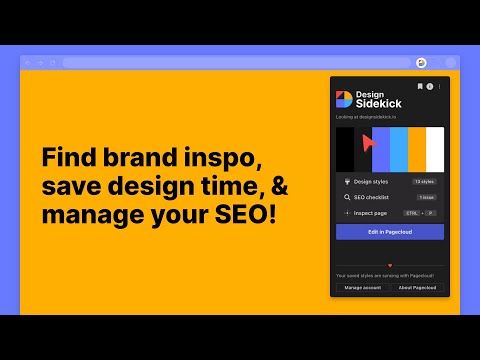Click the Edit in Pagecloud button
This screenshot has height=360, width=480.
point(390,232)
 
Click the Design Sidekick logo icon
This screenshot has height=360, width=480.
point(343,98)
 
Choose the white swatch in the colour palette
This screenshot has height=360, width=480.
point(435,149)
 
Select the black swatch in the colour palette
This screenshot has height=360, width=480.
point(345,149)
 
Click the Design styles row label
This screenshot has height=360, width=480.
point(372,182)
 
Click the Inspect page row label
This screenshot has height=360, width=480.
point(371,213)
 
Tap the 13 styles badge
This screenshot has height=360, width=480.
point(425,182)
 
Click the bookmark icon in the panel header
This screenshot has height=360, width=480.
point(420,87)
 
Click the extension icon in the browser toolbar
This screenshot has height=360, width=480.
point(422,62)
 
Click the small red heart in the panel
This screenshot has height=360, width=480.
point(390,265)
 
